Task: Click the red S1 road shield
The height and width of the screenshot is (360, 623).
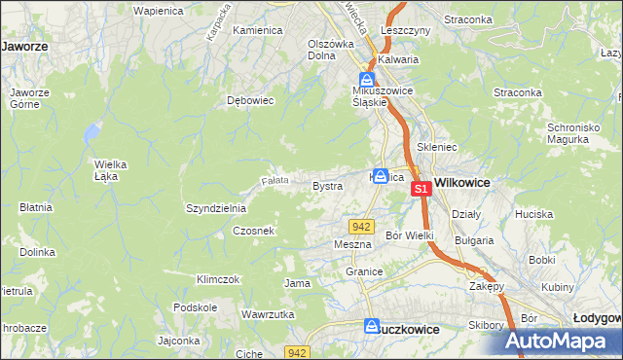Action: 421,189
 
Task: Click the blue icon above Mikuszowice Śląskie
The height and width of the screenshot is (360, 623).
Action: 366,79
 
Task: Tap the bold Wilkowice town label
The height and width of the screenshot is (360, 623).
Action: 462,182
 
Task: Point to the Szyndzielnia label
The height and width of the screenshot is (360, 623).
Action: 216,208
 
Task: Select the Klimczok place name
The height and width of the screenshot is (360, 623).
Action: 217,279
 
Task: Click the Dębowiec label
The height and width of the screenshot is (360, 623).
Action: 246,99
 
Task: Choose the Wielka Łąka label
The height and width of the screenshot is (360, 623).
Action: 112,169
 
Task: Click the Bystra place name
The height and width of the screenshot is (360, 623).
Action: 326,185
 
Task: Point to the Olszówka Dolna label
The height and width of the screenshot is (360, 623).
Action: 330,49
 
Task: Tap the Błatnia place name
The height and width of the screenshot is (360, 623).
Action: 35,207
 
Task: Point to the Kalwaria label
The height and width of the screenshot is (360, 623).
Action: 398,59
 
